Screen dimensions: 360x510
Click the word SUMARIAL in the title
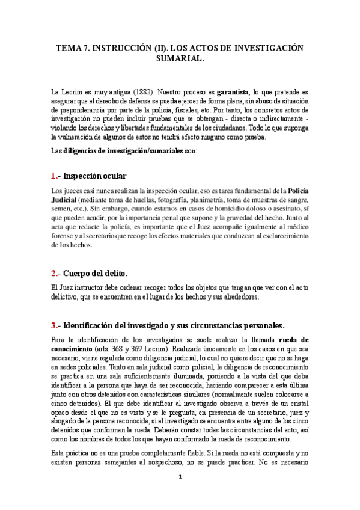click(x=180, y=60)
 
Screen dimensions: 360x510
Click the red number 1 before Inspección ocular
click(x=53, y=176)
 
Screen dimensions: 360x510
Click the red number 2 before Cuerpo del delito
click(x=53, y=273)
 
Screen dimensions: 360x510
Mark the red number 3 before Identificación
click(x=53, y=325)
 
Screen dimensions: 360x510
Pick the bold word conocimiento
click(x=72, y=349)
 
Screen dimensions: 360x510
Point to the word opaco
click(x=63, y=413)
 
